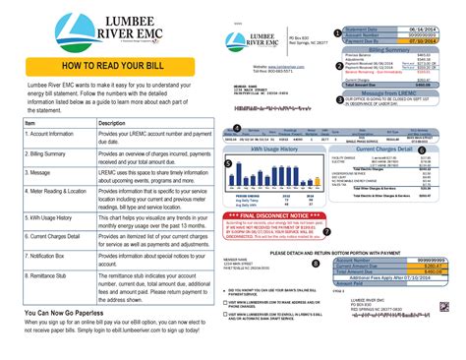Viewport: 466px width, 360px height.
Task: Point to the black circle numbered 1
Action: tap(338, 31)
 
